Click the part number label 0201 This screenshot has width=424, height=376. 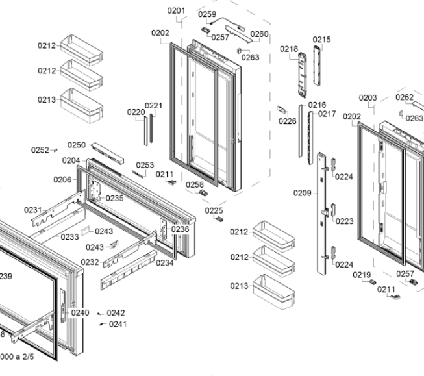point(176,10)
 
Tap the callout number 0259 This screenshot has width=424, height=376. point(207,14)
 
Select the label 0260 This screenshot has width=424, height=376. point(259,34)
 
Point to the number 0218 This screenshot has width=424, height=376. point(289,49)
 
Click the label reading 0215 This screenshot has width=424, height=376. point(321,40)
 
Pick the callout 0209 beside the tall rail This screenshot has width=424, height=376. point(302,193)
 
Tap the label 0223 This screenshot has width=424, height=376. point(345,221)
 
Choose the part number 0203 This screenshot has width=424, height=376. point(368,98)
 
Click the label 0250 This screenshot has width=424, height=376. point(77,145)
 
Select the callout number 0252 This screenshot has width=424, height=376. point(40,150)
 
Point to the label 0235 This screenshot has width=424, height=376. point(114,198)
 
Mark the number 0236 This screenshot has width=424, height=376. point(181,229)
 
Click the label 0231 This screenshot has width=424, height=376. point(33,210)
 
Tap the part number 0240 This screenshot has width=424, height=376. point(80,312)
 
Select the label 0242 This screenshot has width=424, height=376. point(116,313)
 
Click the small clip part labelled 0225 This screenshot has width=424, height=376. point(219,219)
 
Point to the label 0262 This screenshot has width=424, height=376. point(405,97)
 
